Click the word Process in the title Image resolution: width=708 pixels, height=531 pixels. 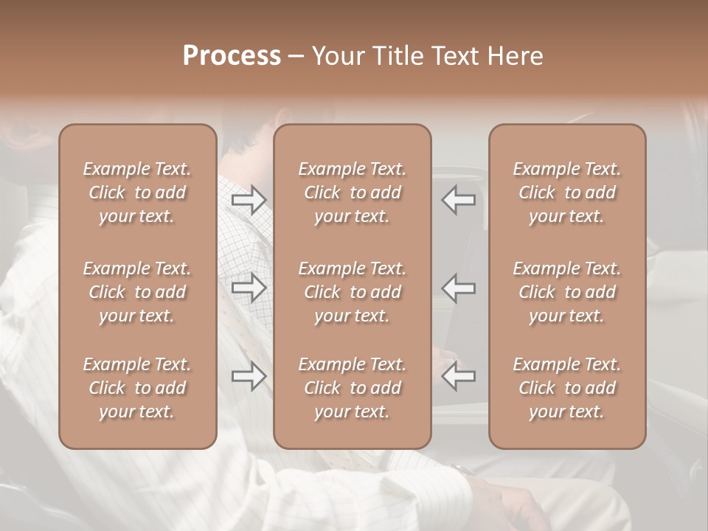232,56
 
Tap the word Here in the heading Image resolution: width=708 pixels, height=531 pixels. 516,56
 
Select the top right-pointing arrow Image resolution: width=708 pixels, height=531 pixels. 249,200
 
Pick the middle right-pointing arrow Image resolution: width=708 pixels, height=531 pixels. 249,288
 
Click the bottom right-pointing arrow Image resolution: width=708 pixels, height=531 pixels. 249,376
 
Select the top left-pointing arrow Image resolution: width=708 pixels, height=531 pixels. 459,200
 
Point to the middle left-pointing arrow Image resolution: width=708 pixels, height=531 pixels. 459,288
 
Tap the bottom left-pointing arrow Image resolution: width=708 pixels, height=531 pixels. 459,376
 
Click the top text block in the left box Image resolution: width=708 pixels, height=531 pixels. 137,192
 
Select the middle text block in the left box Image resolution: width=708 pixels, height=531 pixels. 137,292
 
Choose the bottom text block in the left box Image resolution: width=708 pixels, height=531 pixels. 137,388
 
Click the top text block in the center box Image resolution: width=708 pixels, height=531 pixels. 352,192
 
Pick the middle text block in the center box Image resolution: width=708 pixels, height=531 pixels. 352,292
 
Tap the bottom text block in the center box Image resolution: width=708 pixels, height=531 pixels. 352,388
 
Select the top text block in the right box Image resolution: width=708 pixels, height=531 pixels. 567,192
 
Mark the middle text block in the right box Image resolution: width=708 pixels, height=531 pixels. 567,292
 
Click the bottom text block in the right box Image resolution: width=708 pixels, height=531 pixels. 567,388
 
